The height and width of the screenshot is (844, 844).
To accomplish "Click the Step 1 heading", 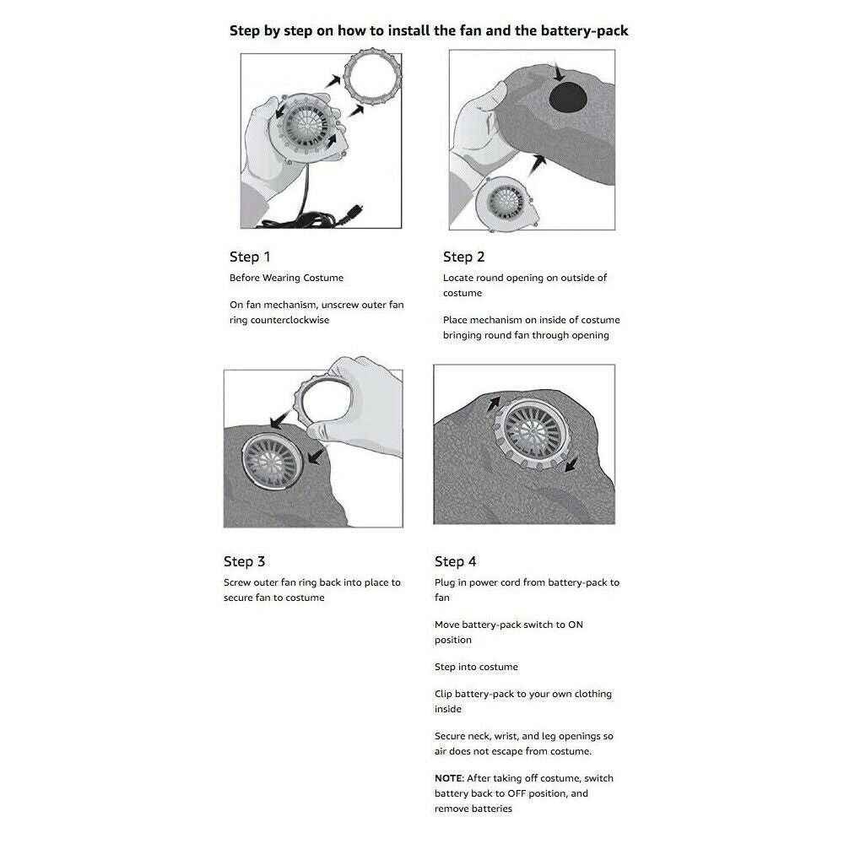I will tap(250, 257).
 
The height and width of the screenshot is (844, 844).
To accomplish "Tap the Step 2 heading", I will tap(463, 257).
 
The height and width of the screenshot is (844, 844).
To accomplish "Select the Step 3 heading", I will tap(244, 561).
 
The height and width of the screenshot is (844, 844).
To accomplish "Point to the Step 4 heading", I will tap(456, 561).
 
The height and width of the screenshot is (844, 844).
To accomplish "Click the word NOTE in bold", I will tap(448, 777).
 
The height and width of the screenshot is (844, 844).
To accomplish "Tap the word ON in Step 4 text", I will tap(575, 625).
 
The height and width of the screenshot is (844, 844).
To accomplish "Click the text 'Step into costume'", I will tap(476, 667).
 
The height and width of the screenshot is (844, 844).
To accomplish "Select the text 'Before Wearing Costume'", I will tap(286, 278).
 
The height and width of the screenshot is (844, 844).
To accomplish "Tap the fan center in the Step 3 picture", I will tap(273, 462).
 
